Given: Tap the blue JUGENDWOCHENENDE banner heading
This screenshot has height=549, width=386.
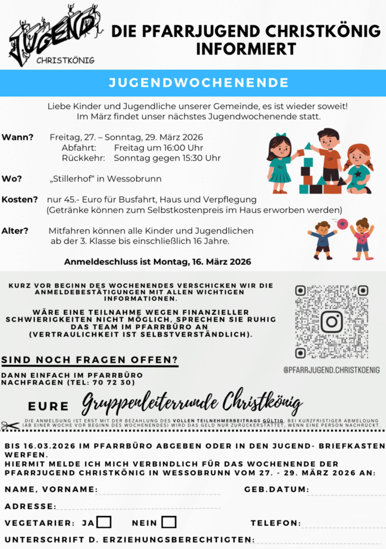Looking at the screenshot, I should click(x=198, y=83).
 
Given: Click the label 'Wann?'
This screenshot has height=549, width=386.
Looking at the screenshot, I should click(x=18, y=137).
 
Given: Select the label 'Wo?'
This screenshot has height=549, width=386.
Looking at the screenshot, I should click(x=11, y=179).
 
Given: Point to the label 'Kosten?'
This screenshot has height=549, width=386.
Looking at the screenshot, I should click(x=20, y=199).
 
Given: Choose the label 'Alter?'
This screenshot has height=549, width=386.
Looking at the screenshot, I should click(x=15, y=231).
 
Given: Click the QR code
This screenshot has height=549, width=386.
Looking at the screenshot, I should click(x=331, y=322).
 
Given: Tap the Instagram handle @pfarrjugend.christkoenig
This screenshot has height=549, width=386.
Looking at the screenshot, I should click(x=331, y=370).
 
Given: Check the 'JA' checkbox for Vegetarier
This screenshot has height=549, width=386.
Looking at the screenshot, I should click(x=104, y=522).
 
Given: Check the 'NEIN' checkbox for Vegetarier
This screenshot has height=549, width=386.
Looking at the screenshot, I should click(x=169, y=522).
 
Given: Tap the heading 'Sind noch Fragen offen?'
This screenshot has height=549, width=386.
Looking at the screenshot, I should click(x=90, y=359).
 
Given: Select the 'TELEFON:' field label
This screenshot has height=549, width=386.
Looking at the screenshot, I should click(x=275, y=523).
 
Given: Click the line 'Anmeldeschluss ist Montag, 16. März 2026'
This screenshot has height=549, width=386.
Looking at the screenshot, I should click(x=157, y=262).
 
